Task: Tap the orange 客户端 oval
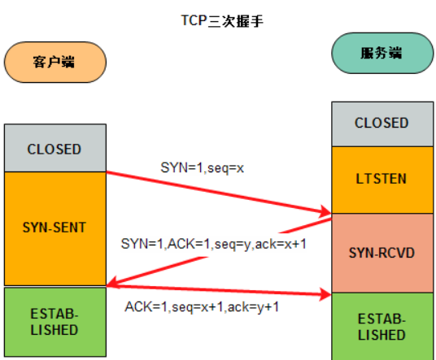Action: (54, 62)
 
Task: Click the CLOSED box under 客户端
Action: (54, 149)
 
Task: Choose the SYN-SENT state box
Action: (54, 228)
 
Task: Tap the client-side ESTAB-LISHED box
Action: (54, 322)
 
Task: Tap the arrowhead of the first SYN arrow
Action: (326, 213)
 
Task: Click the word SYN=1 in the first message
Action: (175, 167)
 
